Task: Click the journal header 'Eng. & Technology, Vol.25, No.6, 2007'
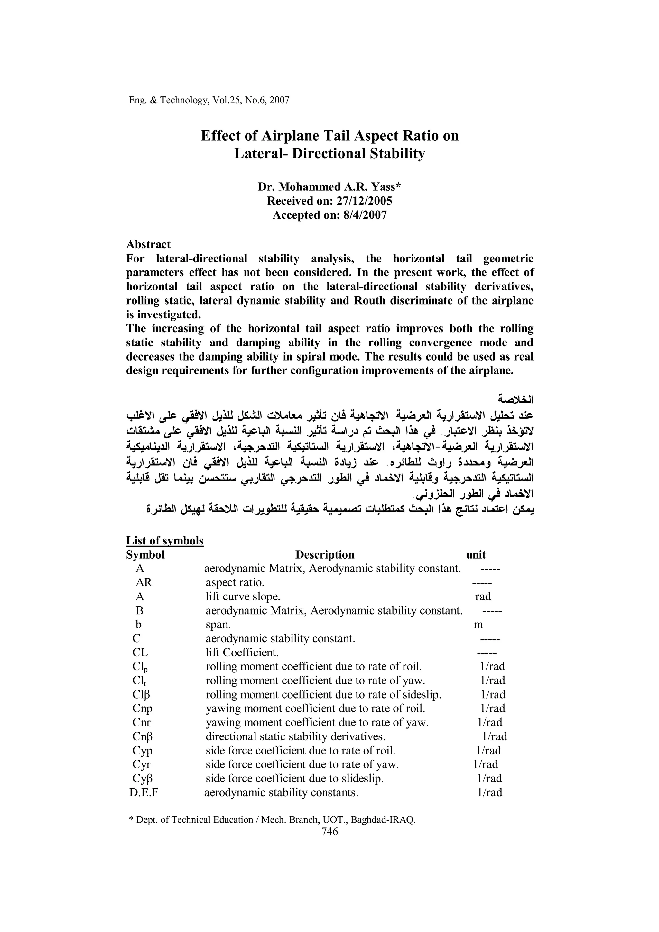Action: pos(209,100)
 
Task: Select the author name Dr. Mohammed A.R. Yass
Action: pos(329,187)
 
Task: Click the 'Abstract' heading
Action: pos(148,244)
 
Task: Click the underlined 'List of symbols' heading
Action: pos(164,541)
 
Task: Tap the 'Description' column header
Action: pos(324,554)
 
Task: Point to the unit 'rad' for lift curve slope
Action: pos(483,596)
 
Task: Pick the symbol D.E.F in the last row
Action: pos(144,792)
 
